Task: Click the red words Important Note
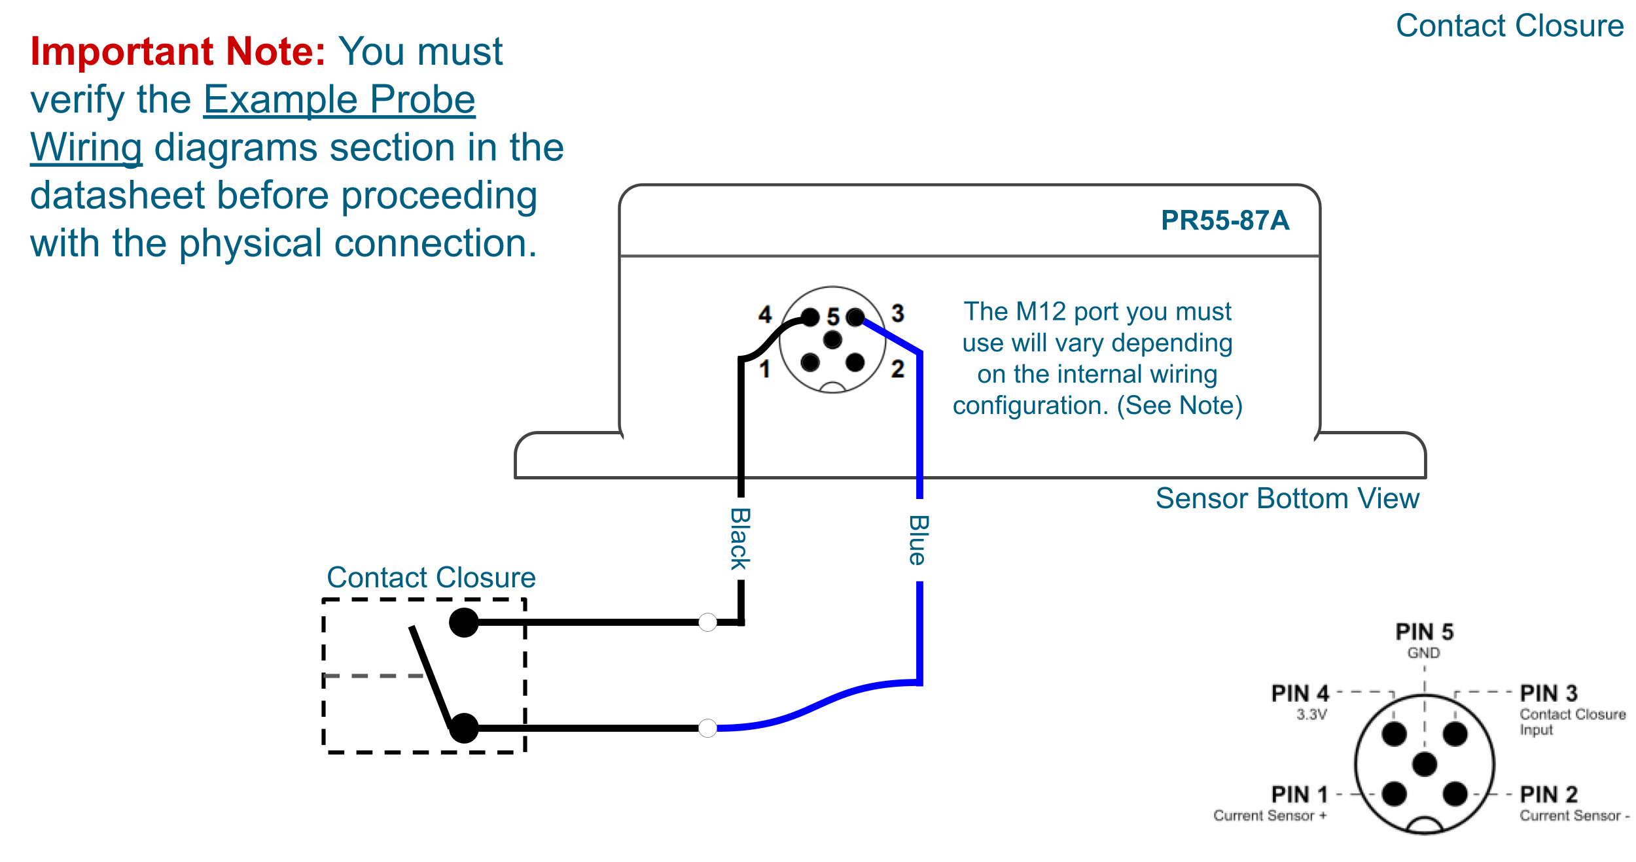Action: [x=177, y=52]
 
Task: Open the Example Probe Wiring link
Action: [x=339, y=100]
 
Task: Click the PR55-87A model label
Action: [x=1224, y=220]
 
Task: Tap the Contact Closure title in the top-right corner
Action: [x=1509, y=26]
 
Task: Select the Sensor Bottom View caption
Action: [x=1287, y=498]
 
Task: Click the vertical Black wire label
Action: [x=740, y=539]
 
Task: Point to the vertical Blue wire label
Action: [x=919, y=540]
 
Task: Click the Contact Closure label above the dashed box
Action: [x=431, y=578]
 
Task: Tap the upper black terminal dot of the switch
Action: [x=464, y=622]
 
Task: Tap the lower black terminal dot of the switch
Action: [x=464, y=728]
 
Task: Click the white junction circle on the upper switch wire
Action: [x=707, y=622]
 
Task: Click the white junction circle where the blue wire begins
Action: [x=707, y=728]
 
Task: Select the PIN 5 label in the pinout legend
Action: [x=1424, y=632]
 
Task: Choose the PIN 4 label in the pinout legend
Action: [x=1300, y=693]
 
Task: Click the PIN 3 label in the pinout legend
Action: [x=1548, y=693]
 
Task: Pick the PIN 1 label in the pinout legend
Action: [x=1300, y=795]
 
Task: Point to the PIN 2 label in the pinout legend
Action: [x=1548, y=795]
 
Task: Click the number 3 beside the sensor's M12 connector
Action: [x=898, y=313]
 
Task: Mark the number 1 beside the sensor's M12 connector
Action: [x=764, y=370]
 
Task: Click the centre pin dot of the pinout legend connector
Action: [x=1425, y=764]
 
